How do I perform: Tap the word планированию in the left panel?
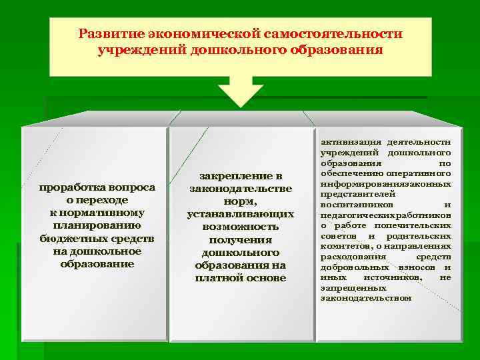(x=97, y=225)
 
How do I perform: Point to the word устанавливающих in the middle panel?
(x=240, y=214)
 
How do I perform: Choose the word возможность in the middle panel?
(x=240, y=227)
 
